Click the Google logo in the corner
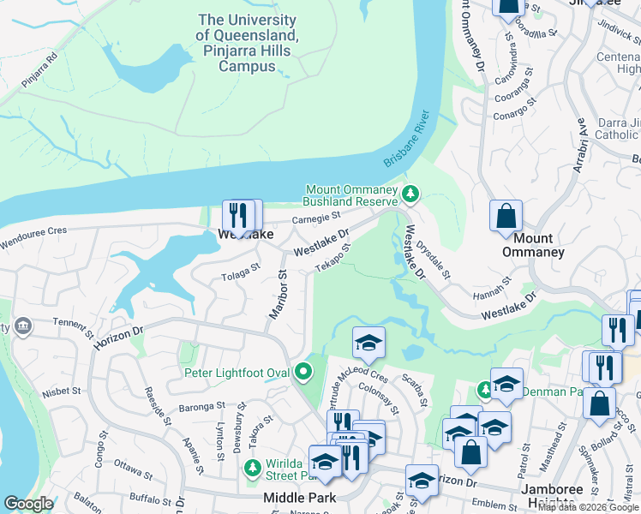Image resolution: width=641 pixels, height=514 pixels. tap(29, 504)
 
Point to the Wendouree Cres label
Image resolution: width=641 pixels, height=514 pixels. tap(33, 231)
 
